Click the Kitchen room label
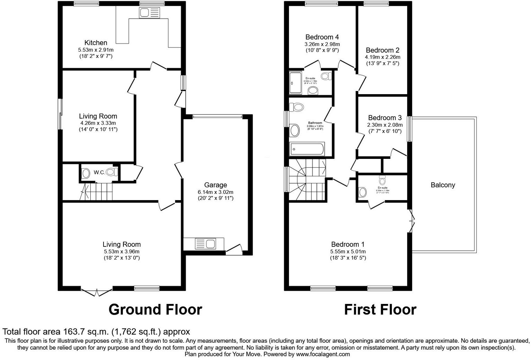tap(96, 43)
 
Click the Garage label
tap(215, 185)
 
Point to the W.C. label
tap(99, 172)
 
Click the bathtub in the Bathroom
tap(307, 150)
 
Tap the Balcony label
tap(443, 185)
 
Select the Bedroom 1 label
tap(348, 244)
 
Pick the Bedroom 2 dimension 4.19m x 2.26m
tap(382, 57)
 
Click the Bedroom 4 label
tap(322, 37)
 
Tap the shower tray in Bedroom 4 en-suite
tap(295, 83)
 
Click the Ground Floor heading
tap(155, 309)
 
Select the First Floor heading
tap(380, 309)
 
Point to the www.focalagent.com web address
tap(323, 354)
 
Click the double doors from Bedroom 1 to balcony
tap(411, 221)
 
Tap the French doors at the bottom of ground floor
tap(97, 292)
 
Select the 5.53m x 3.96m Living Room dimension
tap(121, 252)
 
